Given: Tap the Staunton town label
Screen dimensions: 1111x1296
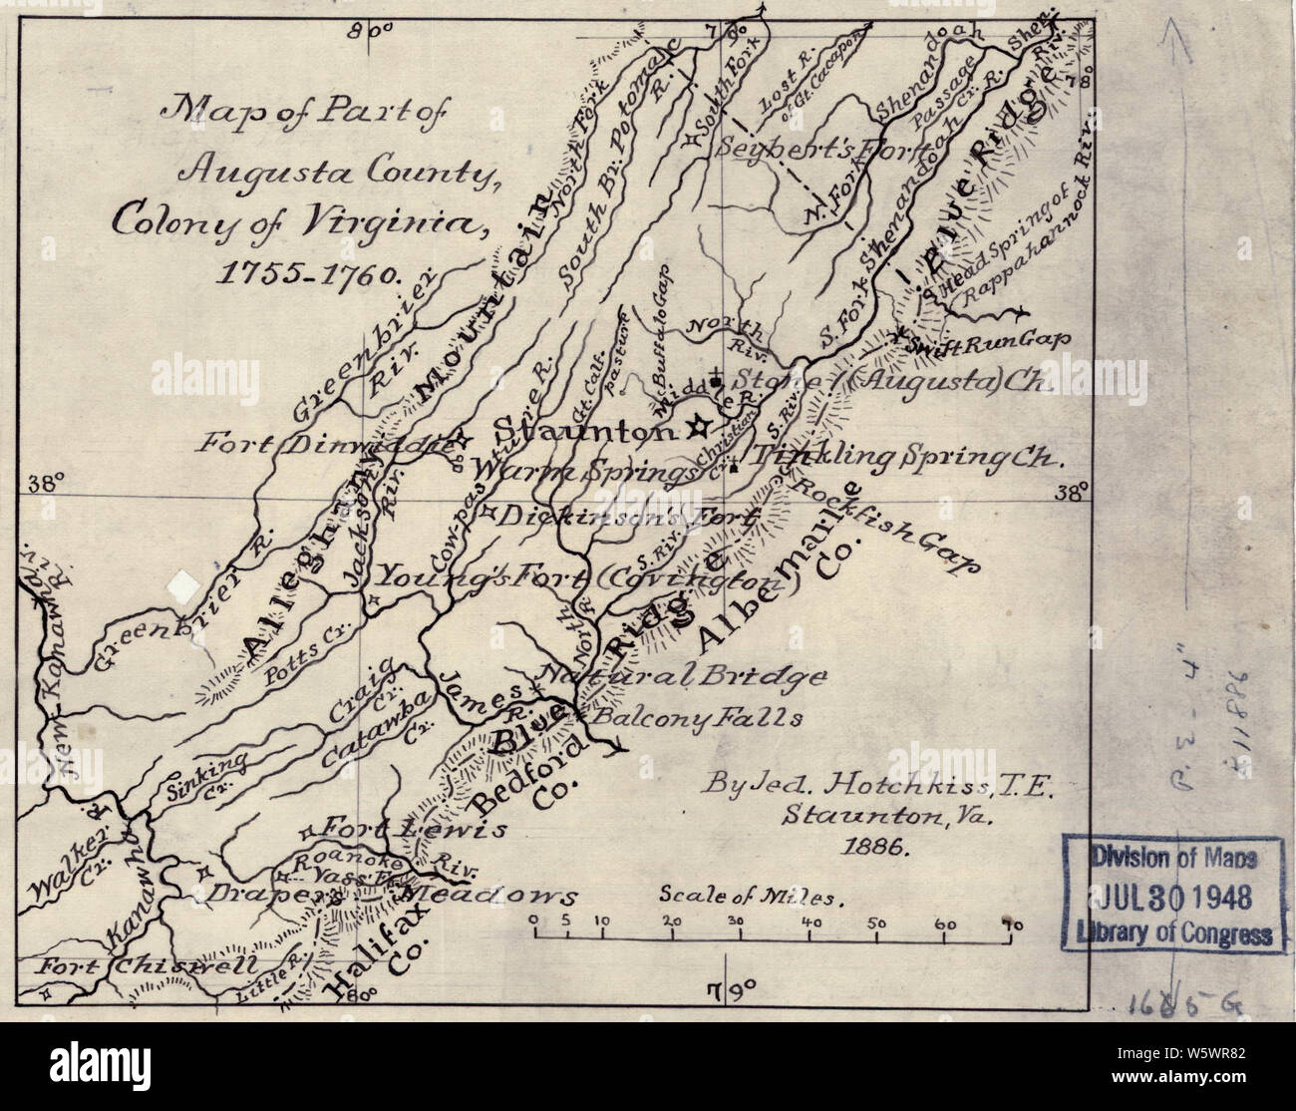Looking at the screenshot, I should [588, 432].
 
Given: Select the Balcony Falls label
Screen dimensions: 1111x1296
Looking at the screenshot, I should [698, 716].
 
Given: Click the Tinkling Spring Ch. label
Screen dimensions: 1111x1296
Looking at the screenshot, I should [907, 457].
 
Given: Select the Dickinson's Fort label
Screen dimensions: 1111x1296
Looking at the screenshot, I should [628, 517].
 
